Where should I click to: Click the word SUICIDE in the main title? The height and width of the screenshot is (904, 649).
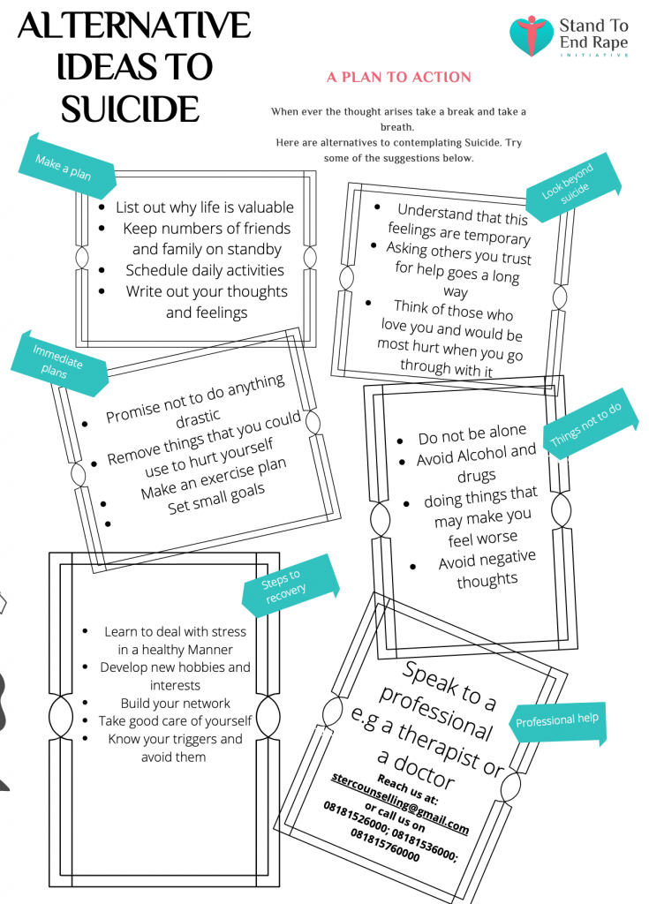point(131,109)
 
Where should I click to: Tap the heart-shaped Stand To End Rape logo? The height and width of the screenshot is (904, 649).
point(532,35)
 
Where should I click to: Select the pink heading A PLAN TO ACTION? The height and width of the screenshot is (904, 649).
point(398,78)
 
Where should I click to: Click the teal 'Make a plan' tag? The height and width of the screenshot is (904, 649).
point(65,166)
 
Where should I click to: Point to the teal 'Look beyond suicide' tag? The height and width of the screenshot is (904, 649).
point(574,187)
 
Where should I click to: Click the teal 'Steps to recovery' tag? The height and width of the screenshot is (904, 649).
point(290,585)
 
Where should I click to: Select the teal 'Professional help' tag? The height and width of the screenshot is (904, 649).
point(557,721)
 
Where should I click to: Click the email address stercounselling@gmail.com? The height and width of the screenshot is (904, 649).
point(400,802)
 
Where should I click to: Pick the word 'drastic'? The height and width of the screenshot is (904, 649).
point(198,418)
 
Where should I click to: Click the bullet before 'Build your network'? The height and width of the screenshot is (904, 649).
point(85,703)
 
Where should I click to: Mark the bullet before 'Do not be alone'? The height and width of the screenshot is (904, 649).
point(400,441)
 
